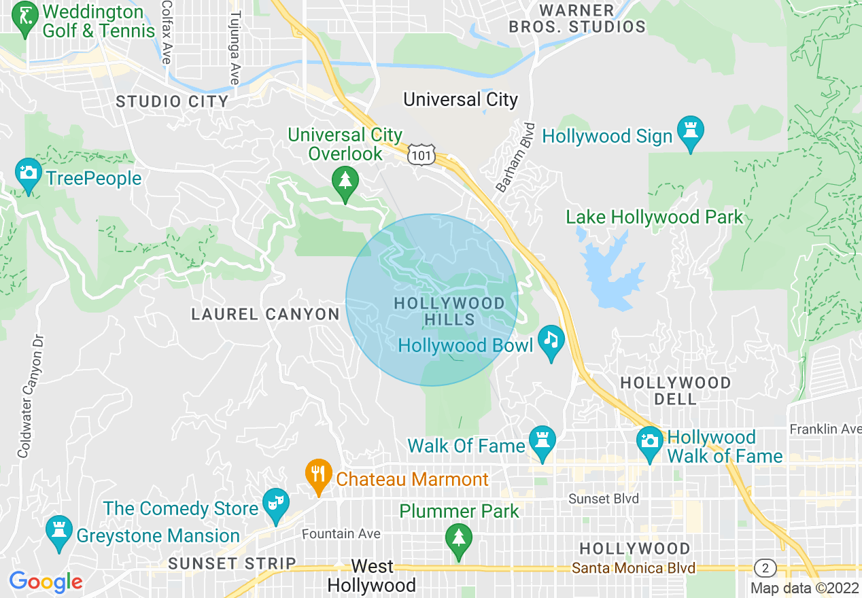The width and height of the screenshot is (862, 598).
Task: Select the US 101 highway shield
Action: [x=419, y=156]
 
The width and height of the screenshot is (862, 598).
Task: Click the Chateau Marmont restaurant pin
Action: [x=317, y=474]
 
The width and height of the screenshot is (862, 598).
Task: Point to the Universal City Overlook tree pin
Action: [x=345, y=181]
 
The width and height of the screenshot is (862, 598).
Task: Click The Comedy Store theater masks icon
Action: [x=275, y=504]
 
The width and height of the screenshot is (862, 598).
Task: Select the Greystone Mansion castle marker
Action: [x=58, y=531]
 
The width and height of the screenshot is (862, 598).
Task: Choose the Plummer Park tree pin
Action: [x=459, y=539]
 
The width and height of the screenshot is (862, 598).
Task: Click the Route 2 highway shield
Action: [x=765, y=567]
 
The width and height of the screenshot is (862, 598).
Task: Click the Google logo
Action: [x=46, y=582]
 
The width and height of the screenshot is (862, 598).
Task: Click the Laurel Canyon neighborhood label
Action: [x=265, y=314]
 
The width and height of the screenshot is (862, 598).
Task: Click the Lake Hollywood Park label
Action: [x=655, y=217]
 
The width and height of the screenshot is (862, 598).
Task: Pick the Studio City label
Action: [x=172, y=102]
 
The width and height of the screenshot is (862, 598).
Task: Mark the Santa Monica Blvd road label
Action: [x=634, y=568]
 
